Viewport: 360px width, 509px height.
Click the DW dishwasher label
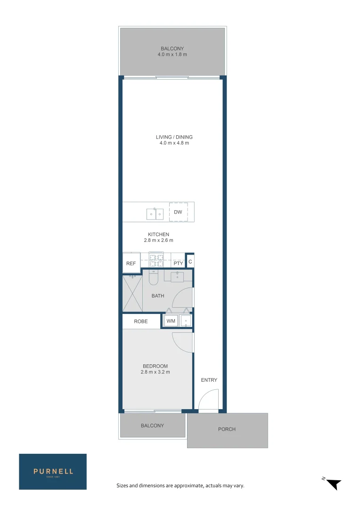178,212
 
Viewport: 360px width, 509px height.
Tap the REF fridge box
131,263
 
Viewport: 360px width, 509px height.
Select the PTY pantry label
178,263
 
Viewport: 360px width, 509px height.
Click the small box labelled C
190,261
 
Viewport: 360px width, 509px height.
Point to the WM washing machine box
171,321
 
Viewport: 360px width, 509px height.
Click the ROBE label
141,321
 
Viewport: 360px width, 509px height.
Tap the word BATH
158,296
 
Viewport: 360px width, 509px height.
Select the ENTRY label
209,380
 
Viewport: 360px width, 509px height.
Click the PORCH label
227,429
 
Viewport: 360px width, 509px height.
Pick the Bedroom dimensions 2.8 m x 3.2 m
155,372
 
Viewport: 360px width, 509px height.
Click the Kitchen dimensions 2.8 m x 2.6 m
158,240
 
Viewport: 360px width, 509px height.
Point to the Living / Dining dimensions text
174,143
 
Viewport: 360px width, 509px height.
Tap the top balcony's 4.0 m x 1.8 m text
172,55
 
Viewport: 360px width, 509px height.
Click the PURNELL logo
53,472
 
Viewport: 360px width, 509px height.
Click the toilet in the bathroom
154,279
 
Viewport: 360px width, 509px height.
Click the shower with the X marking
132,294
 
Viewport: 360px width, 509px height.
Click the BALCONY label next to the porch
152,426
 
